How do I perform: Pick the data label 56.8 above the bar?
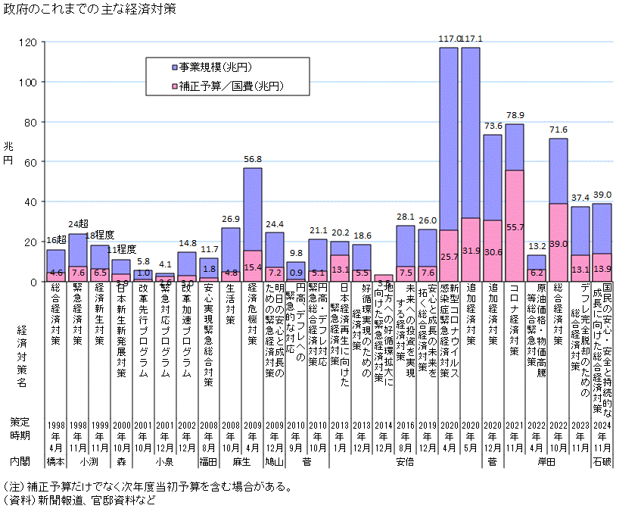tap(252, 160)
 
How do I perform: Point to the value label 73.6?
tap(493, 126)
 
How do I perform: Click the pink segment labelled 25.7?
tap(449, 256)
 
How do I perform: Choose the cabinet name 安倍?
tap(406, 460)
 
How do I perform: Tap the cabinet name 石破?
tap(602, 460)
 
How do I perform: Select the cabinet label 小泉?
tap(165, 460)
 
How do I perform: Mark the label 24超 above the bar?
tap(78, 224)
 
